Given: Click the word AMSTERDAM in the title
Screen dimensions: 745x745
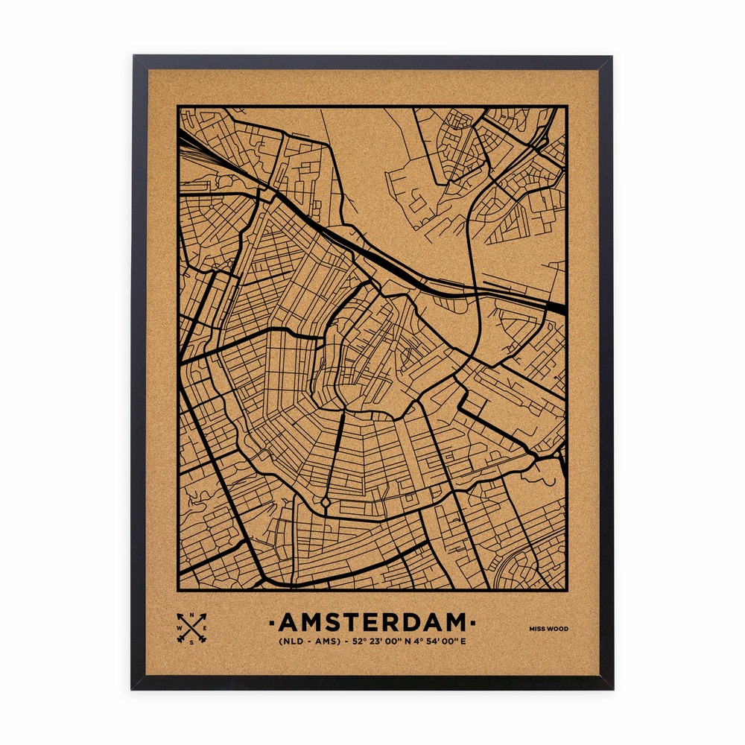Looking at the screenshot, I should point(372,622).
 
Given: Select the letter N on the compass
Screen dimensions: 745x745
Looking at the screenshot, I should point(192,615).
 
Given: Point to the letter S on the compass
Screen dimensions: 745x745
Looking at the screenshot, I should point(192,641).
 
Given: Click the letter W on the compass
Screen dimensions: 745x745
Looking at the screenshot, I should point(179,629).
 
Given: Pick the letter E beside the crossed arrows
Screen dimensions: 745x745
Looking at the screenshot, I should point(206,629).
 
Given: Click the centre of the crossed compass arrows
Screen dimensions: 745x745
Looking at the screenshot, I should point(192,629).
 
